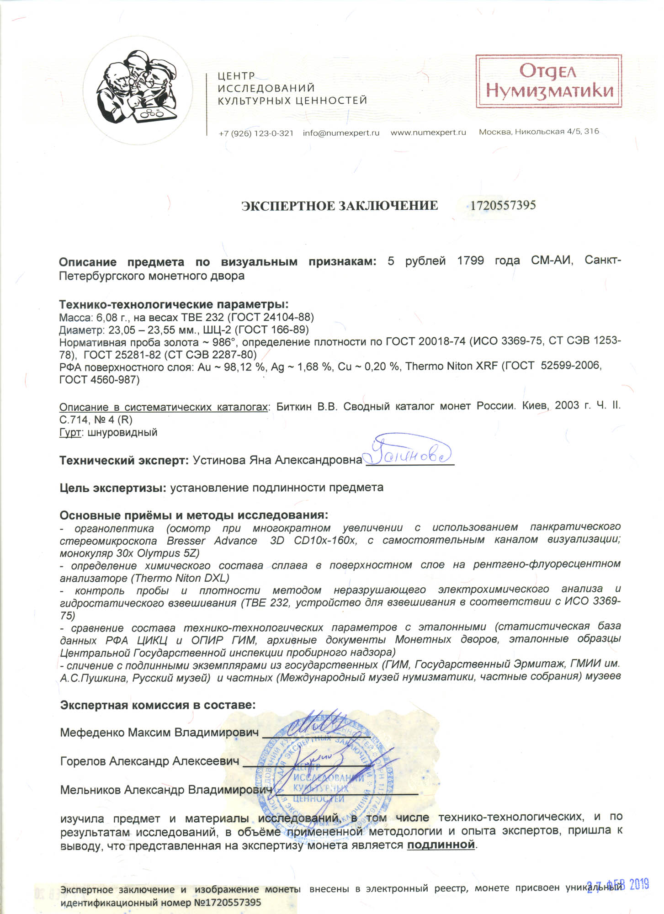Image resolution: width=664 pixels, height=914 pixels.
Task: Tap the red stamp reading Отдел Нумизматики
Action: pyautogui.click(x=548, y=81)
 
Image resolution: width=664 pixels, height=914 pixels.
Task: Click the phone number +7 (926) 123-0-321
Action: pyautogui.click(x=256, y=133)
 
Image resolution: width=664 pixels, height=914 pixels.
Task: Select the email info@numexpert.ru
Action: pyautogui.click(x=341, y=133)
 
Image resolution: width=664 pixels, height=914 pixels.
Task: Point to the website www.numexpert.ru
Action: pyautogui.click(x=428, y=133)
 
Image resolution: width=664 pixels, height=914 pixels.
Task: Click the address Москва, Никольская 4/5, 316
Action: pyautogui.click(x=539, y=132)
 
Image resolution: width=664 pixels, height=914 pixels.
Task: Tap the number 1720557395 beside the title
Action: pyautogui.click(x=503, y=205)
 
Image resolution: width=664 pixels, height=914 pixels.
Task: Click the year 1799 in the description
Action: pyautogui.click(x=470, y=261)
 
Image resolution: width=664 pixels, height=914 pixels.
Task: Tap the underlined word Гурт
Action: pyautogui.click(x=70, y=432)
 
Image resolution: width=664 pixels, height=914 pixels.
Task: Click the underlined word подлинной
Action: pyautogui.click(x=441, y=845)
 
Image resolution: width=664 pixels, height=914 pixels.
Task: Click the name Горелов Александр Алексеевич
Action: pyautogui.click(x=149, y=761)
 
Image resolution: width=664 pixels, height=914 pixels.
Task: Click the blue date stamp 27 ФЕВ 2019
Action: pyautogui.click(x=618, y=885)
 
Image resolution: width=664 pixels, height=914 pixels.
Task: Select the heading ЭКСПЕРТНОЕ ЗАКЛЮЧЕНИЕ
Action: pyautogui.click(x=340, y=206)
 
